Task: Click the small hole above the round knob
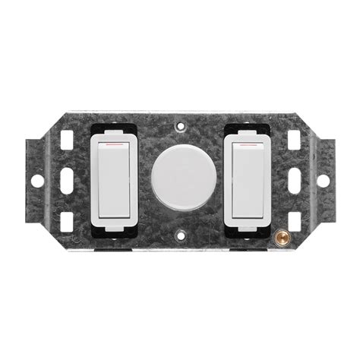tap(180, 127)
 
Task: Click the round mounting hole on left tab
tap(36, 181)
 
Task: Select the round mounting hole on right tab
tap(323, 181)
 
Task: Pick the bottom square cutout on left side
tap(67, 220)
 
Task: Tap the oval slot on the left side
tap(67, 181)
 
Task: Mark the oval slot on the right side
tap(293, 181)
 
